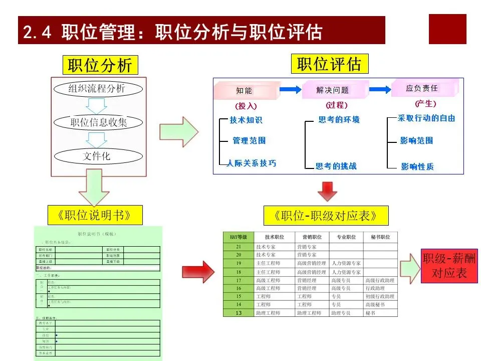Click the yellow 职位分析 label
tap(100, 65)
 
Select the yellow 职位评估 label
tap(329, 64)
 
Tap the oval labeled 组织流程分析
tap(97, 89)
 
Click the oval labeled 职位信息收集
tap(99, 122)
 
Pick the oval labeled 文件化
tap(96, 156)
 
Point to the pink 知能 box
tap(246, 91)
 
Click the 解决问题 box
tap(333, 90)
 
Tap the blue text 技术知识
tap(246, 120)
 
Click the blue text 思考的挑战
tap(336, 166)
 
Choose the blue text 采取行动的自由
tap(426, 118)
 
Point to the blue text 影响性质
tap(417, 166)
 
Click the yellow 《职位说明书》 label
tap(94, 215)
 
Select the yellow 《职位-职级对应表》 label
tap(326, 216)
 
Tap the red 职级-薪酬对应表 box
tap(449, 266)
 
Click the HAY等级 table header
tap(238, 237)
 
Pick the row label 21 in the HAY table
tap(238, 247)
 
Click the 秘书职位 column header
tap(380, 237)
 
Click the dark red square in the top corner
tap(447, 29)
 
